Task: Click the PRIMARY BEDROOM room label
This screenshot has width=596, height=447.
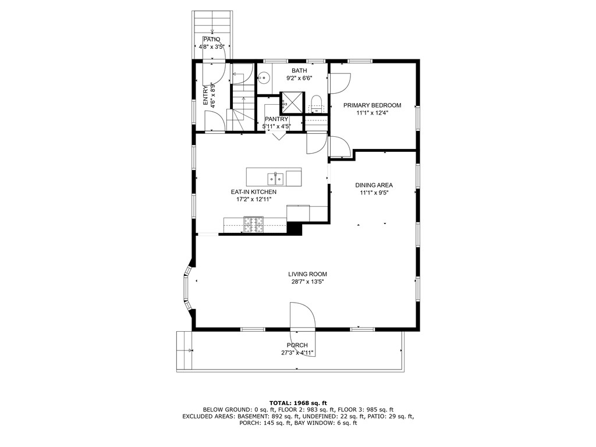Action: pos(372,105)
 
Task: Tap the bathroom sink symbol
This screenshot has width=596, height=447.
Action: pos(264,76)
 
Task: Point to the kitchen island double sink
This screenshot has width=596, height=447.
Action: pos(275,176)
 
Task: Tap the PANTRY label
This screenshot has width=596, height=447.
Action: pos(276,119)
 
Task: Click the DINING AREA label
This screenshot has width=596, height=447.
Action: pos(374,185)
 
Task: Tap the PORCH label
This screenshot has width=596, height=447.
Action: pos(297,345)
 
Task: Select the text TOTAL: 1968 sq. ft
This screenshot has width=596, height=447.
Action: pos(298,403)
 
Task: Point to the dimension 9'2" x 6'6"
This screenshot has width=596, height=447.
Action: pos(299,78)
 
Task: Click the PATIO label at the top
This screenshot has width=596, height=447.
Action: pos(212,39)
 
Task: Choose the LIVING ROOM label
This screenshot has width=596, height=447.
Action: pos(307,274)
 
